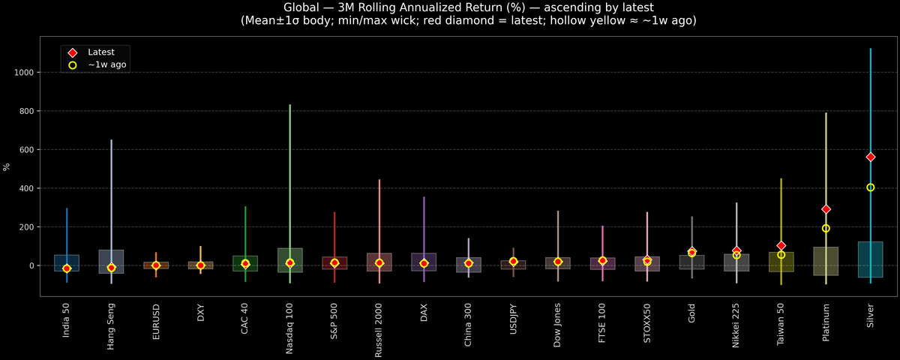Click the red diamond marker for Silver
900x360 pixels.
pos(870,157)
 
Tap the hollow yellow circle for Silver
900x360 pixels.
pos(870,187)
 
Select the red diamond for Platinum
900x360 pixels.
pos(826,209)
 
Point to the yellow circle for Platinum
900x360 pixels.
pos(826,228)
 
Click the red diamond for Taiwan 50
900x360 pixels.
pos(781,245)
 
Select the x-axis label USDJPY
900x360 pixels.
pos(513,323)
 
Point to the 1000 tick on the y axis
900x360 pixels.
pos(26,73)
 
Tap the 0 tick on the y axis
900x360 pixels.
pos(33,265)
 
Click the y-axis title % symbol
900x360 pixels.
pos(7,167)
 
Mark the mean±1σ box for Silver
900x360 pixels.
pos(870,259)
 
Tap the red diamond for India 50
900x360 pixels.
pos(67,268)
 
